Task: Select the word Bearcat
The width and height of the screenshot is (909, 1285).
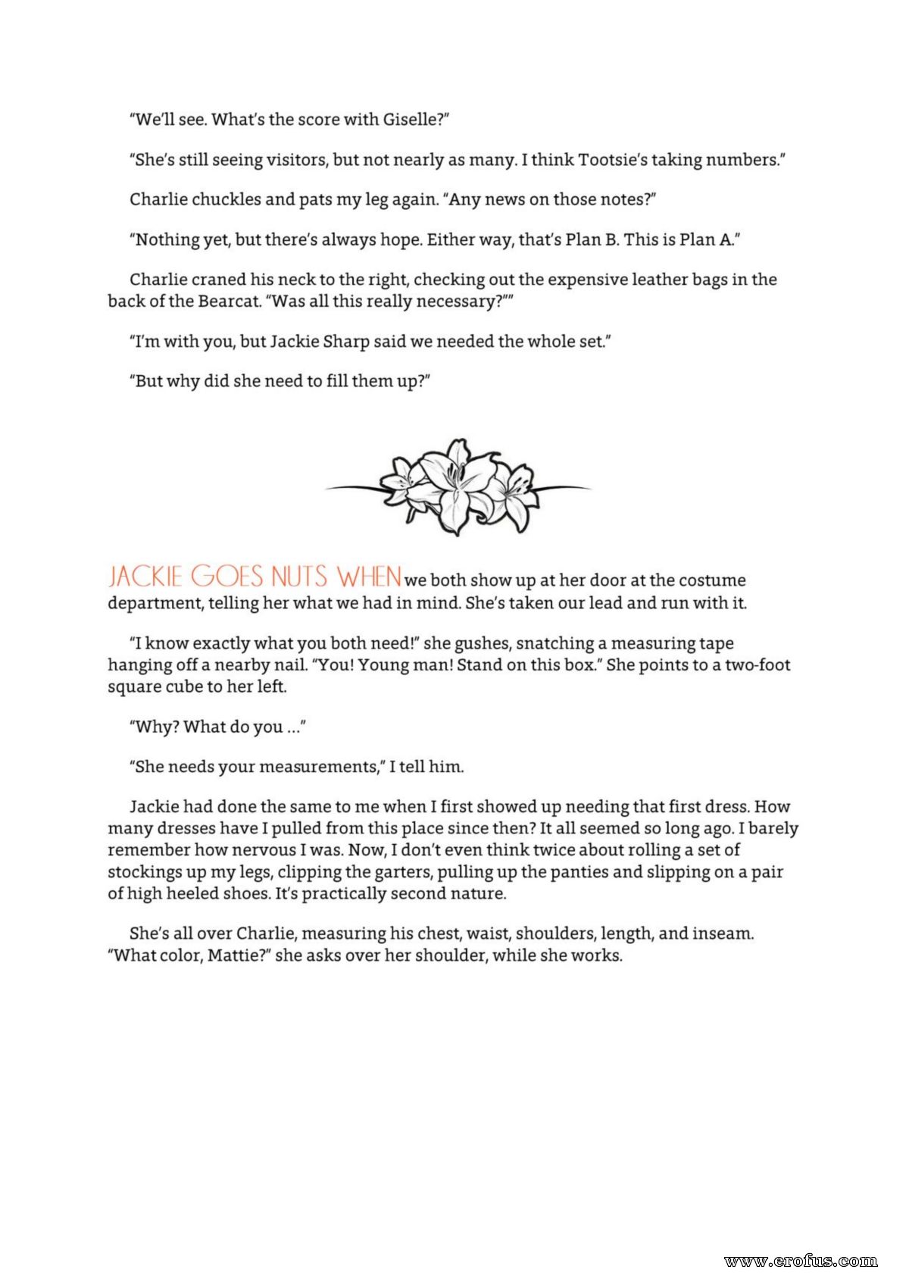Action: [229, 302]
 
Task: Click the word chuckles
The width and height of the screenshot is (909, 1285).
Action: [226, 199]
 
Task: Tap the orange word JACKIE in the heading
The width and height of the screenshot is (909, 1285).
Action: [145, 577]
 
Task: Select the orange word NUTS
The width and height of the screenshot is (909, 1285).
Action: [299, 577]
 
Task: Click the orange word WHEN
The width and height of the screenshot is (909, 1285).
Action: [369, 577]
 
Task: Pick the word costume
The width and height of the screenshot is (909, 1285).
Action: [711, 580]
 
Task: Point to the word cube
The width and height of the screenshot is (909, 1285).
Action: [174, 687]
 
